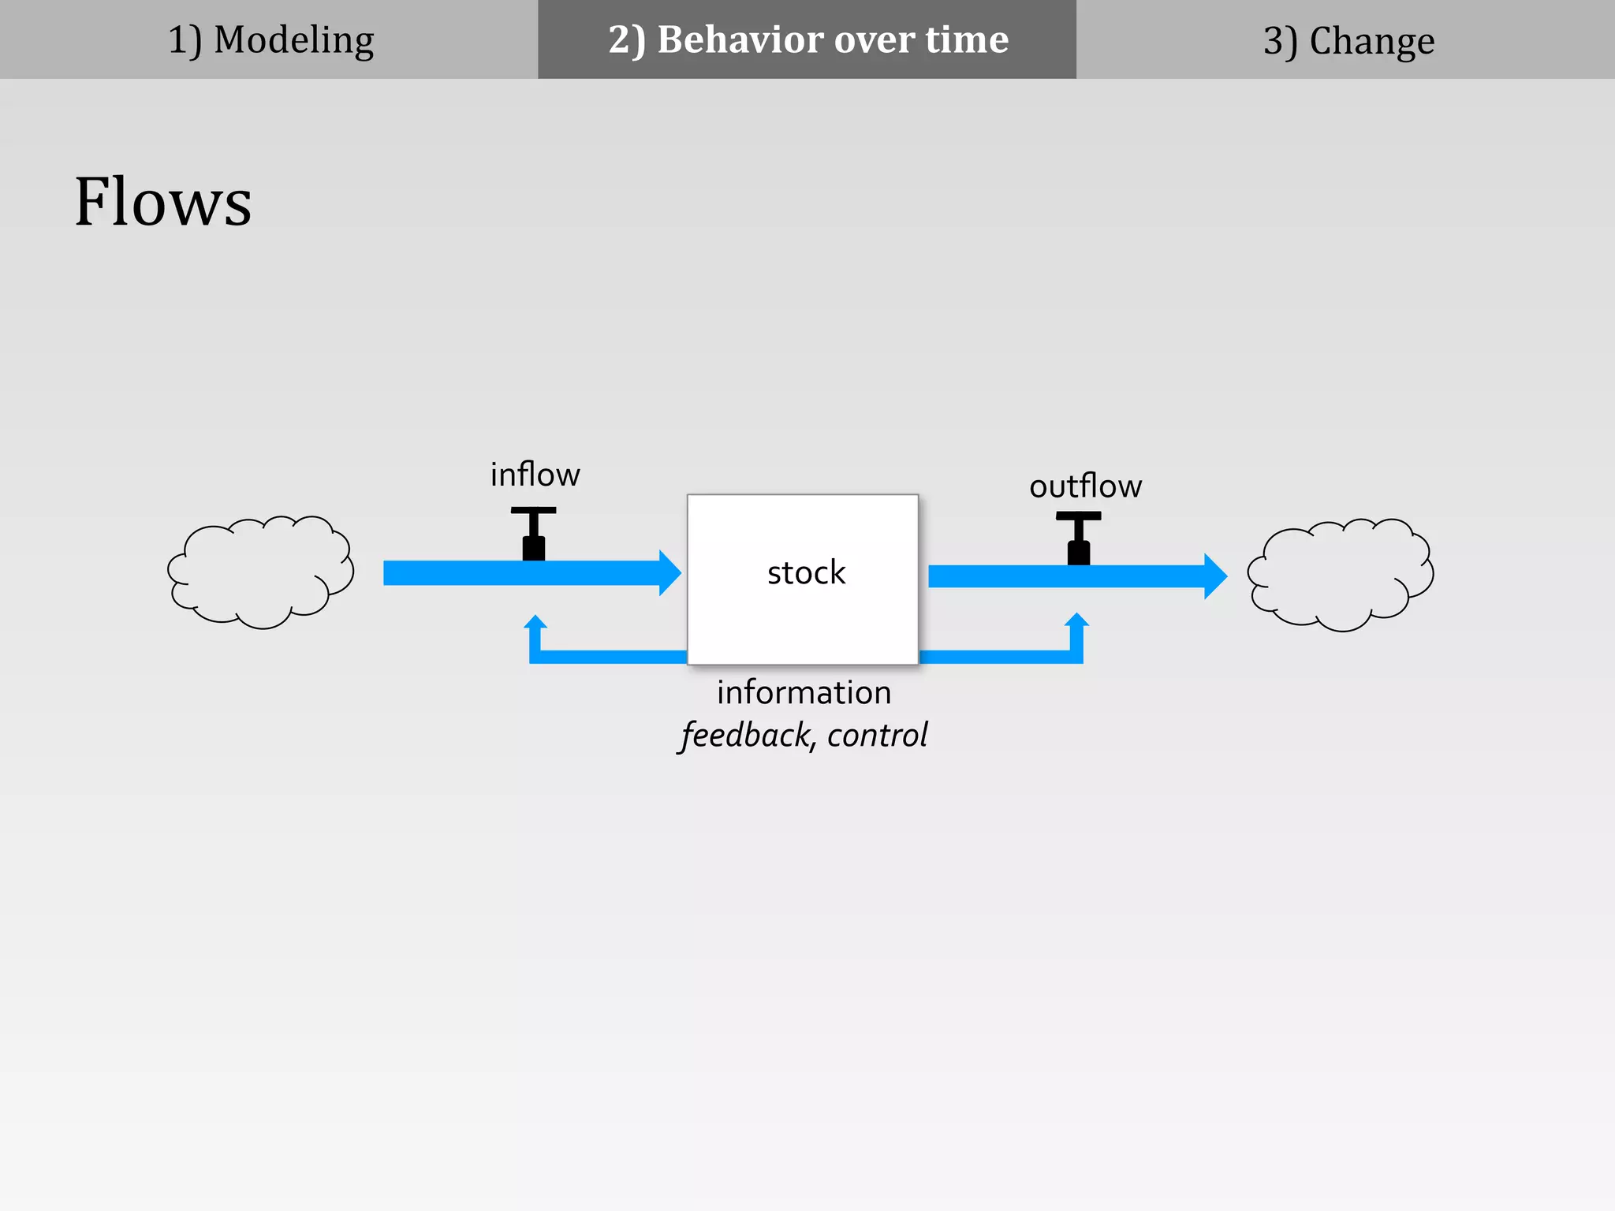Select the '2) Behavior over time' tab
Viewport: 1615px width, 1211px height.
point(807,39)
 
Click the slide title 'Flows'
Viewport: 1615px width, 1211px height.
point(162,202)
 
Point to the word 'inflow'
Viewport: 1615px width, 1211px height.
point(535,475)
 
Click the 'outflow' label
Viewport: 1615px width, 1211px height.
point(1085,486)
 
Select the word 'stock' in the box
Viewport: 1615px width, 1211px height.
point(806,572)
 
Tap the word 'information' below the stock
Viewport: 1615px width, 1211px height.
point(804,692)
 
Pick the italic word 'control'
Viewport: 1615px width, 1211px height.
point(877,735)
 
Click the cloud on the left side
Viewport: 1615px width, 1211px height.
point(260,572)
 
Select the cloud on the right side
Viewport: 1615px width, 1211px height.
point(1340,575)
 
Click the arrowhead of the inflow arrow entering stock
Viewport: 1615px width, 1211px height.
point(669,573)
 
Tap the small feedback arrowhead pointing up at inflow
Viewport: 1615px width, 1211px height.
point(535,623)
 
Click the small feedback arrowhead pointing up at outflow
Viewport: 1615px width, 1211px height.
point(1076,621)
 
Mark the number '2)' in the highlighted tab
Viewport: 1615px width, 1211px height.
point(626,39)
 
